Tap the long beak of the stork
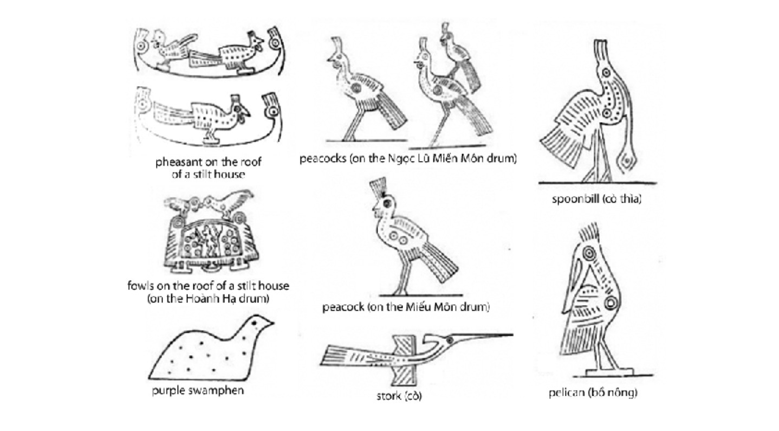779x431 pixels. click(483, 336)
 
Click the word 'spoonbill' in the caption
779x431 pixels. click(575, 199)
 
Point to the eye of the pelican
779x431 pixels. click(589, 253)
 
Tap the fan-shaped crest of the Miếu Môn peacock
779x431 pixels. click(378, 186)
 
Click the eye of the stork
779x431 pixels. click(450, 339)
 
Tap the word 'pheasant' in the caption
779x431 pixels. click(178, 162)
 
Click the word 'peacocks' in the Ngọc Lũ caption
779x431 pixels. click(322, 159)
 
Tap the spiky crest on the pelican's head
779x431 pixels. click(589, 233)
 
